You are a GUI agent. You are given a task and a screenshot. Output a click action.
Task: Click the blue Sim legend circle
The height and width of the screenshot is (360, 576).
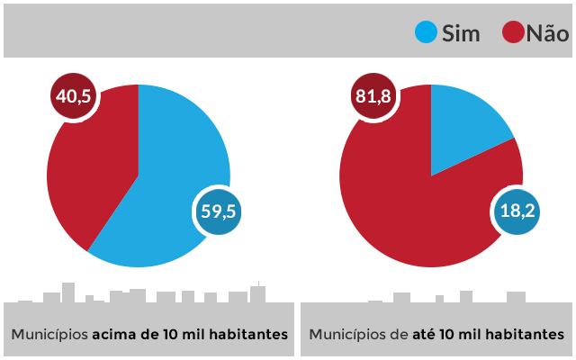coord(426,33)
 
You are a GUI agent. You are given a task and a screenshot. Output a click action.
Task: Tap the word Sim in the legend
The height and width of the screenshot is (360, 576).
coord(461,34)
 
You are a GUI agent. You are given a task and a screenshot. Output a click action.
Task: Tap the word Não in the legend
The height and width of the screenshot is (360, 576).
coord(547,34)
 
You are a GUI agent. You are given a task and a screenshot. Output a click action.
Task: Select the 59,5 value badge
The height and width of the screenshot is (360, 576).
coord(218,211)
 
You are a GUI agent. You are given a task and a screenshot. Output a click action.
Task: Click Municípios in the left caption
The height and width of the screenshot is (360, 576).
coord(49,334)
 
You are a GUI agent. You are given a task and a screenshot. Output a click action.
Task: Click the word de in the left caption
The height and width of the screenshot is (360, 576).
coord(149,334)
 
